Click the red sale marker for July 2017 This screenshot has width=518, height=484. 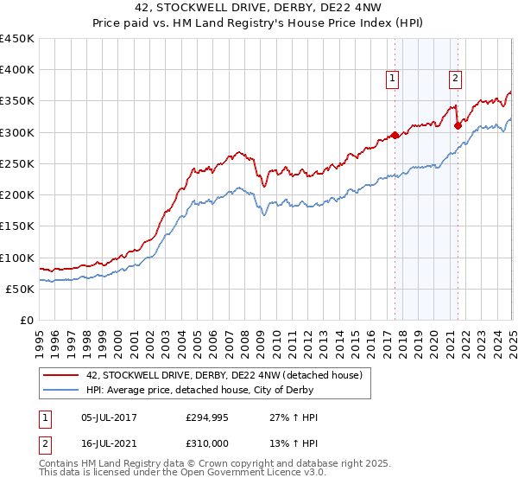click(395, 135)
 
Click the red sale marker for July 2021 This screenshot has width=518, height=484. click(458, 125)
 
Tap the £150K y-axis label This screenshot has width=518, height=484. click(17, 226)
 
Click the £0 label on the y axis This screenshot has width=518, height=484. click(27, 321)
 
